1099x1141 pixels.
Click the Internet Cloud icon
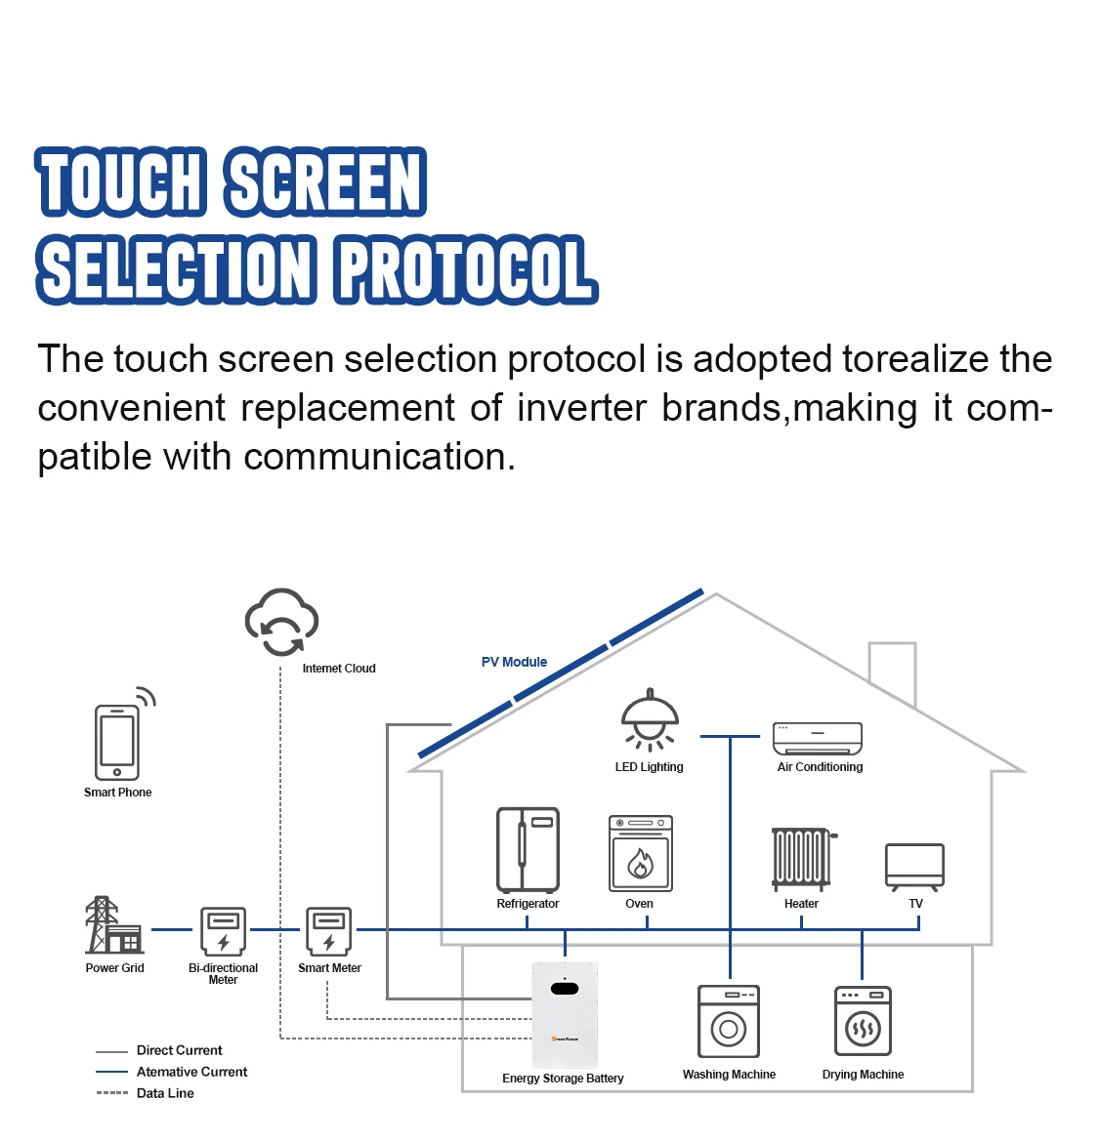tap(281, 623)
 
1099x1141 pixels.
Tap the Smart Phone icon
tap(117, 741)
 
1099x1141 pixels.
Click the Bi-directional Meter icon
tap(223, 930)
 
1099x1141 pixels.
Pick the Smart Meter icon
tap(329, 930)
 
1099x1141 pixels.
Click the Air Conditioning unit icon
tap(818, 739)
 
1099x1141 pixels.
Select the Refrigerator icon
tap(528, 849)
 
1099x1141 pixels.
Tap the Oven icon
tap(641, 854)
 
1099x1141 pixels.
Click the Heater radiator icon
tap(802, 858)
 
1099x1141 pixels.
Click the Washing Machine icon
tap(729, 1021)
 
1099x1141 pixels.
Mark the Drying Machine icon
tap(863, 1021)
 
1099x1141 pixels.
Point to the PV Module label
tap(514, 662)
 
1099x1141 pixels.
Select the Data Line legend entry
tap(165, 1093)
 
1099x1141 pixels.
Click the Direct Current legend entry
tap(179, 1050)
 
